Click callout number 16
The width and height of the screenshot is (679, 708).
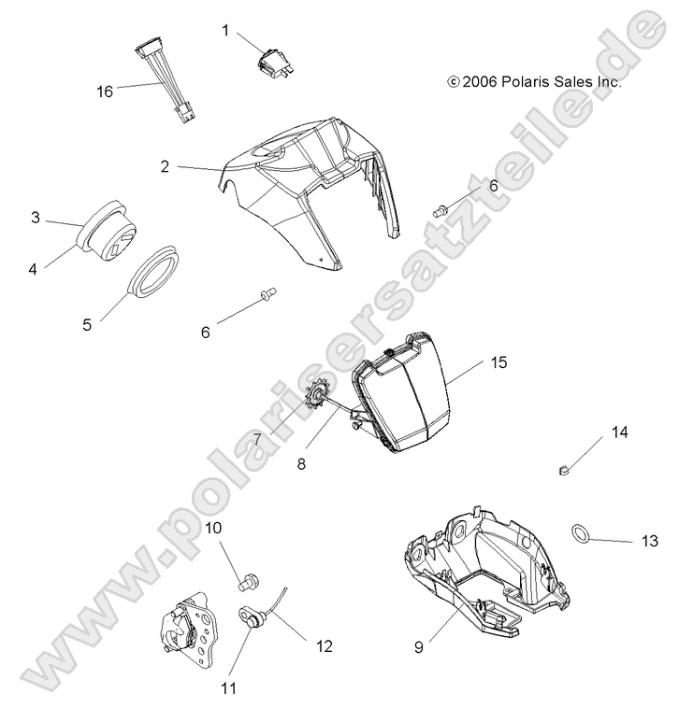(104, 91)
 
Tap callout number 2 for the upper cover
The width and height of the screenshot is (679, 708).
(165, 167)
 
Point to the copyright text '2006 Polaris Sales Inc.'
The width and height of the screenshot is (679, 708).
(535, 82)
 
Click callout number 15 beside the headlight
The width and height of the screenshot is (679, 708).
(498, 362)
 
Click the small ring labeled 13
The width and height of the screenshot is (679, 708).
(582, 533)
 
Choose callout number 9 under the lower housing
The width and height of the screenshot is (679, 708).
(420, 644)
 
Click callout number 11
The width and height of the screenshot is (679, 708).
(228, 689)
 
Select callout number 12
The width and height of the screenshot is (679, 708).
(324, 644)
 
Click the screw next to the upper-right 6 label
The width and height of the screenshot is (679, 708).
(442, 208)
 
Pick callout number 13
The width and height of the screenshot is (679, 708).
(650, 541)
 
